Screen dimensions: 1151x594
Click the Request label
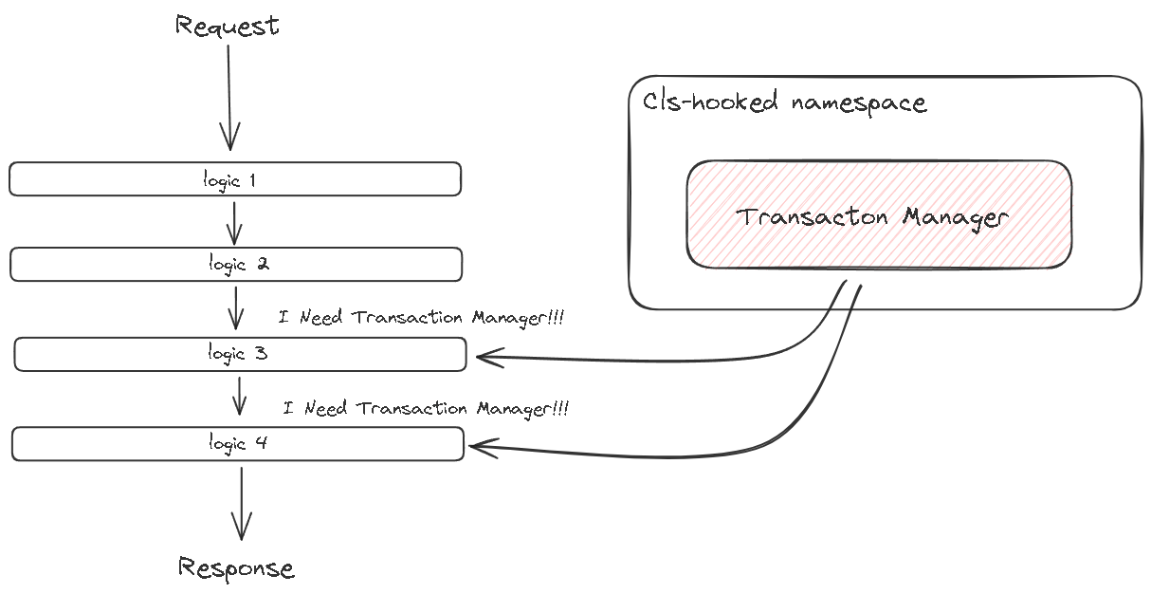[228, 26]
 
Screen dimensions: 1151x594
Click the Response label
[236, 567]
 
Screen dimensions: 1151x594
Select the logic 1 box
[235, 179]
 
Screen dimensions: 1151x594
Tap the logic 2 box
[236, 265]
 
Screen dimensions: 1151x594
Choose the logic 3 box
[240, 354]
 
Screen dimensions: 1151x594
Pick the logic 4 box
[238, 444]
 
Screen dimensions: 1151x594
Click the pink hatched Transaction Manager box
[879, 214]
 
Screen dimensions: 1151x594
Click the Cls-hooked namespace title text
[785, 102]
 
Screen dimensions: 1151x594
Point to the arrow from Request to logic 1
[229, 98]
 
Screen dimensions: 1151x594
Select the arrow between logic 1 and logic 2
[234, 223]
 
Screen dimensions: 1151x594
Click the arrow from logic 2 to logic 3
[236, 308]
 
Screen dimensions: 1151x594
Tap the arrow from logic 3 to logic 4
[239, 396]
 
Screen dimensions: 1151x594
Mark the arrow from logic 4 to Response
[242, 504]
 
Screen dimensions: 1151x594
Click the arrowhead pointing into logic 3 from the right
[488, 357]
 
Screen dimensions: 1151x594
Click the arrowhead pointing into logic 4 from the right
[482, 448]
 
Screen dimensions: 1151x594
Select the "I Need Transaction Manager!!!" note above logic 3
[421, 317]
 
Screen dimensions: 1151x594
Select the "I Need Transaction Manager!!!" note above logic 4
[426, 408]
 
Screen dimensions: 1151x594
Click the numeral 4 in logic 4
[262, 442]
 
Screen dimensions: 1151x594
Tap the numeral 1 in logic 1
[252, 180]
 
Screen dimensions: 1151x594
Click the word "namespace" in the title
[859, 103]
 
